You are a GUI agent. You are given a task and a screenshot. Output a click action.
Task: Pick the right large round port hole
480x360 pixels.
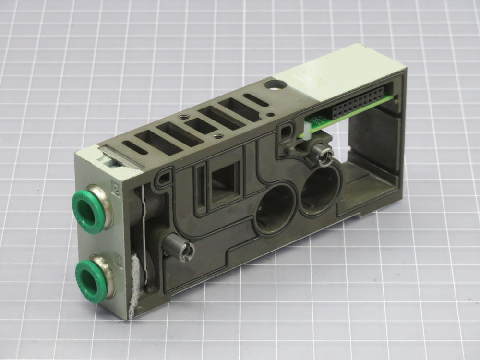coord(319,190)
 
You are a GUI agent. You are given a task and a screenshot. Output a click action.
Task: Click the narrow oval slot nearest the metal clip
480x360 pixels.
coord(136,147)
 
